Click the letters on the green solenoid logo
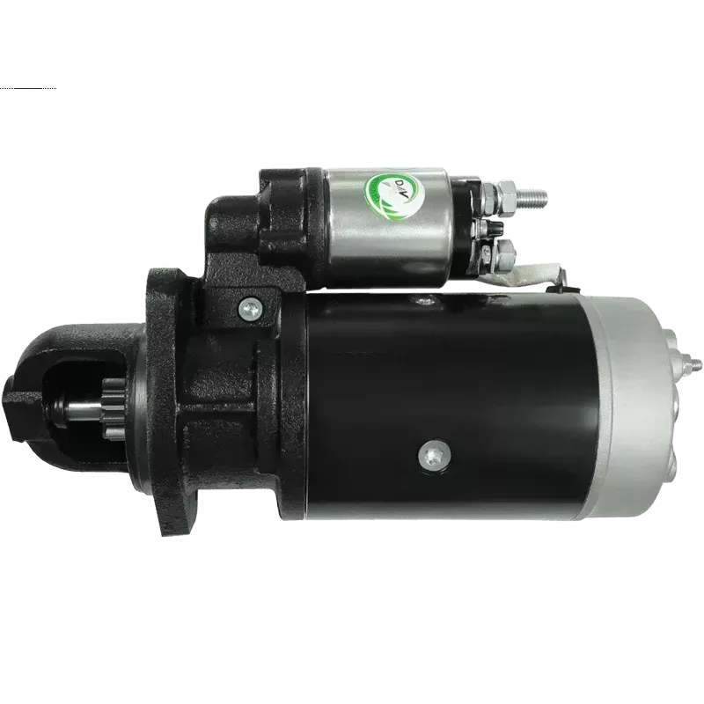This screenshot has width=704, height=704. coord(388,187)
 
